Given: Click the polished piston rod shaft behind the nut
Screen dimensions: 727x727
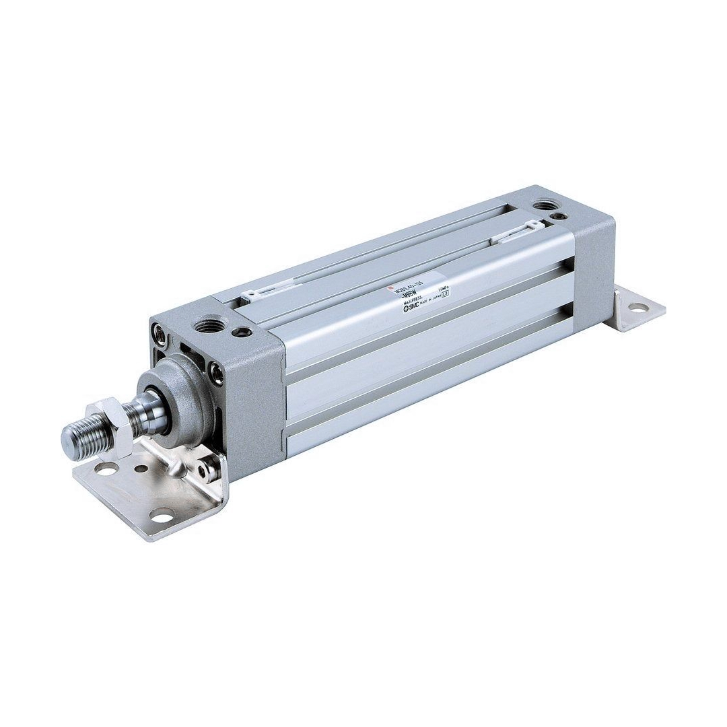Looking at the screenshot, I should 135,412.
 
